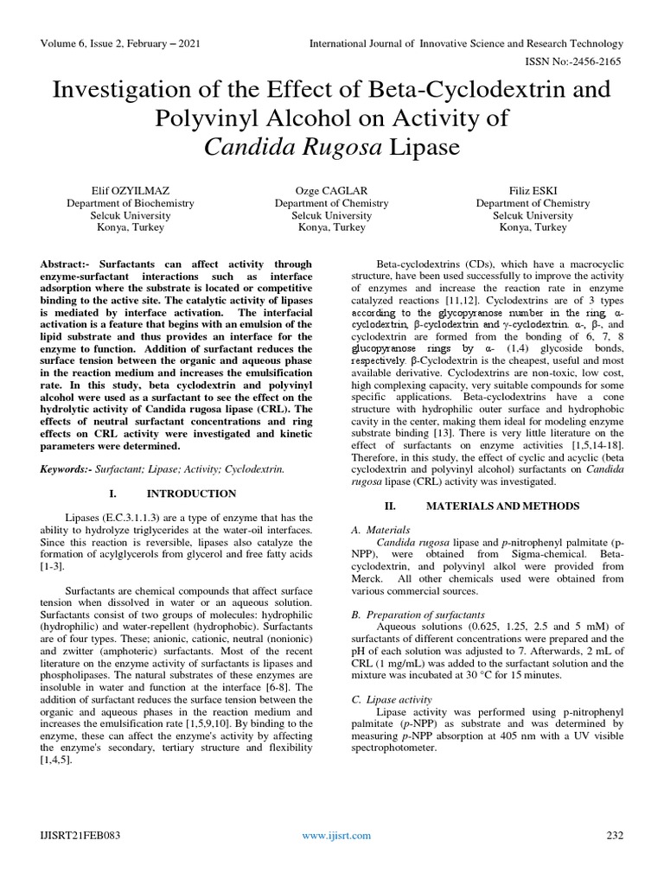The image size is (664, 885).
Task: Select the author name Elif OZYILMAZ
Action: (131, 189)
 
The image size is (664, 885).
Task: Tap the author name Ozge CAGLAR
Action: (331, 189)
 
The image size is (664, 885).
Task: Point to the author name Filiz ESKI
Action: (533, 189)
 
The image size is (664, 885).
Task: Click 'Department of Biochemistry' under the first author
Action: (131, 202)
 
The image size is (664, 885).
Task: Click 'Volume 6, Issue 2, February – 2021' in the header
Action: (118, 43)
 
